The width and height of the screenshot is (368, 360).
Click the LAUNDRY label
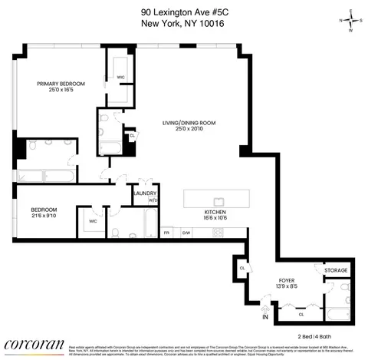pyautogui.click(x=145, y=193)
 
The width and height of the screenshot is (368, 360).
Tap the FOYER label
pyautogui.click(x=285, y=279)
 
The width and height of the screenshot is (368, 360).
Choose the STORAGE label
pyautogui.click(x=336, y=271)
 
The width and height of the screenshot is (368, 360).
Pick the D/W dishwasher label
pyautogui.click(x=186, y=232)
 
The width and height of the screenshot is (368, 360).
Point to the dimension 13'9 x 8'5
pyautogui.click(x=285, y=286)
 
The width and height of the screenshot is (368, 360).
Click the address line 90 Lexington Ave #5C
pyautogui.click(x=183, y=12)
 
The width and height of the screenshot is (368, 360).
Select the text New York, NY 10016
pyautogui.click(x=183, y=23)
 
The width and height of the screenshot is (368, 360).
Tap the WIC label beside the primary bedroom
pyautogui.click(x=120, y=77)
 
